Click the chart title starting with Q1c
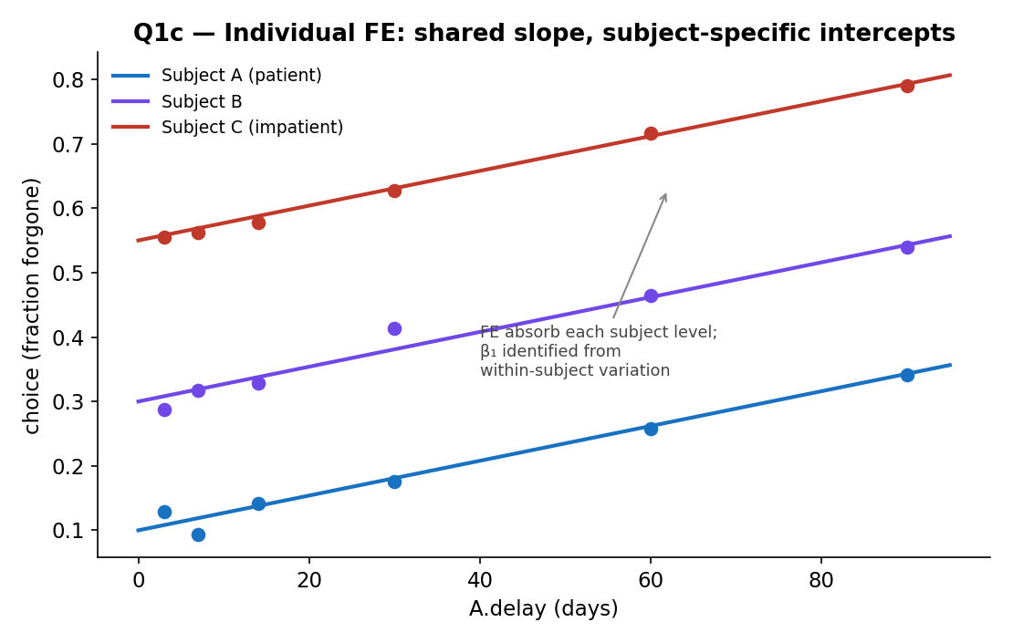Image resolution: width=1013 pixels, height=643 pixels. pos(544,32)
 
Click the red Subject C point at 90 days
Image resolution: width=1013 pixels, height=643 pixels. pos(907,86)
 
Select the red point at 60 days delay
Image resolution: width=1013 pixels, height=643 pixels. pos(651,134)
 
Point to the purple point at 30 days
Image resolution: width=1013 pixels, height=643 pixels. pos(394,328)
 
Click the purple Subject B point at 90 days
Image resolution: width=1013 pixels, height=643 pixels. pos(907,247)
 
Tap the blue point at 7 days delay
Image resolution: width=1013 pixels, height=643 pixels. pos(198,534)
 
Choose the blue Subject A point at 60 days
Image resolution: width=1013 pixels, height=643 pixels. pos(651,429)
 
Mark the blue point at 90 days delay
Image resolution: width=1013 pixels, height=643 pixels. pos(907,375)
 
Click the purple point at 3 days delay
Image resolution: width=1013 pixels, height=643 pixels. pos(165,410)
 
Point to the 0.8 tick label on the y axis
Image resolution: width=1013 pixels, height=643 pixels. pos(68,79)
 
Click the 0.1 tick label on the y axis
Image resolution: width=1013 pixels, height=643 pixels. pos(68,531)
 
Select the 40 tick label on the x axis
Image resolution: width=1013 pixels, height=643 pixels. pos(479,580)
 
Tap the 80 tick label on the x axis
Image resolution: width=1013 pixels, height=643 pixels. pos(820,580)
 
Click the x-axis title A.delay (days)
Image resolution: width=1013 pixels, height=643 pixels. pos(543,608)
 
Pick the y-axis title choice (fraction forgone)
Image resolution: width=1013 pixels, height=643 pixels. pos(31,306)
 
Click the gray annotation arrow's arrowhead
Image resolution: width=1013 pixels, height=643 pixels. pos(664,194)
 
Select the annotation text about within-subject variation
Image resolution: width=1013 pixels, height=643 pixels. pos(599,351)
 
